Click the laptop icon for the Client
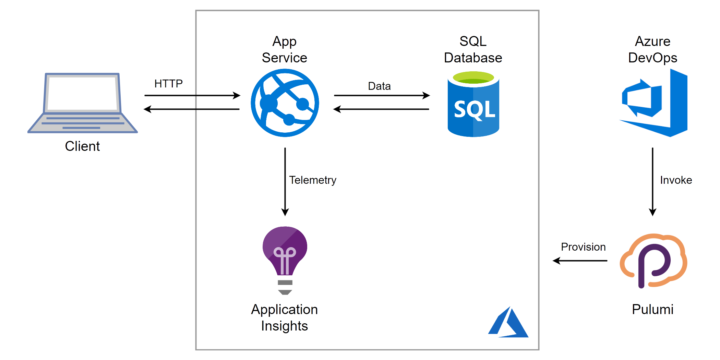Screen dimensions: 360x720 pyautogui.click(x=82, y=103)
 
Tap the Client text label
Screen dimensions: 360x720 pyautogui.click(x=82, y=146)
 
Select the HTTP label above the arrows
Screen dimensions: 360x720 pyautogui.click(x=168, y=84)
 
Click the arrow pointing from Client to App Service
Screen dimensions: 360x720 pyautogui.click(x=192, y=95)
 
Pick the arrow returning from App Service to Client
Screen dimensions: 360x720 pyautogui.click(x=192, y=109)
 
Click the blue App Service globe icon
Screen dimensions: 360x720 pyautogui.click(x=285, y=103)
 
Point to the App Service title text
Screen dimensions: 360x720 pyautogui.click(x=285, y=50)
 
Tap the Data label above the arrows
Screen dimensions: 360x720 pyautogui.click(x=379, y=86)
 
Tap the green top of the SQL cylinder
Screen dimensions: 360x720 pyautogui.click(x=473, y=77)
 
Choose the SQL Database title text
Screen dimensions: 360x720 pyautogui.click(x=473, y=50)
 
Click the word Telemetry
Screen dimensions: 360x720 pyautogui.click(x=313, y=180)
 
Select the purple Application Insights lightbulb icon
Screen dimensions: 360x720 pyautogui.click(x=285, y=254)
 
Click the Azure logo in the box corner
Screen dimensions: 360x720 pyautogui.click(x=508, y=323)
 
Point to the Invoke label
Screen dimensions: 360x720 pyautogui.click(x=676, y=180)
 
